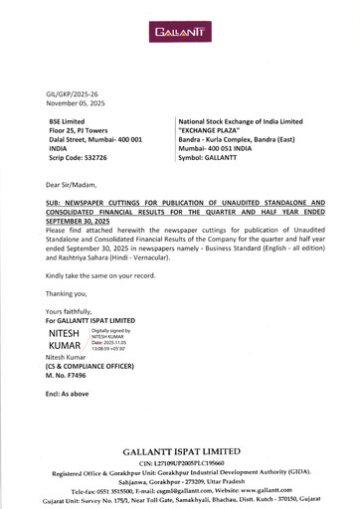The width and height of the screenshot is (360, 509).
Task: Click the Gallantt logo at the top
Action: coord(180,33)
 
